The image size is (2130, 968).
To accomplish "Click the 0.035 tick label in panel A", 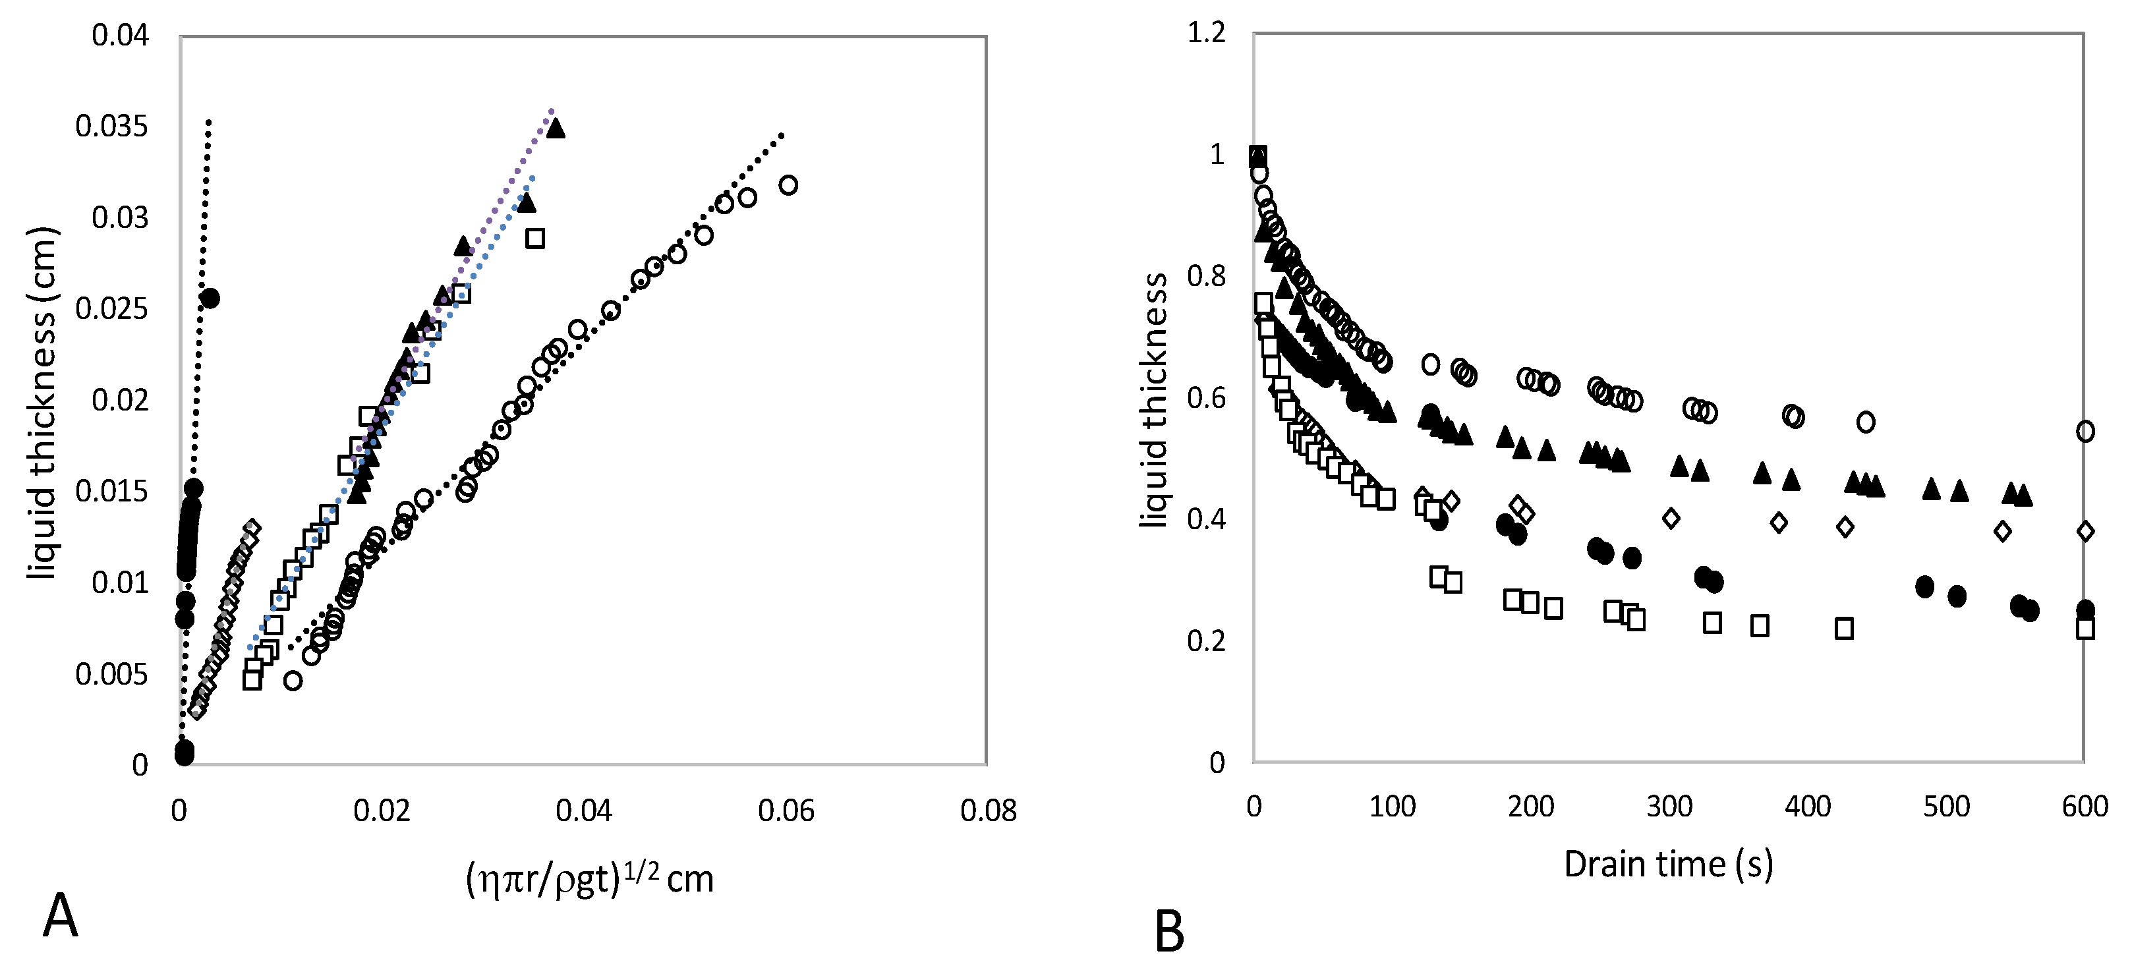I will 111,127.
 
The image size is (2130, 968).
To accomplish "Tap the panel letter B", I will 1168,932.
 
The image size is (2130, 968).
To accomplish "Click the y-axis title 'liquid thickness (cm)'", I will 42,403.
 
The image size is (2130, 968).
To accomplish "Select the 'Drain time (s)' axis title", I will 1669,865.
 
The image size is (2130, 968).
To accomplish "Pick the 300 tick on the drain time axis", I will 1669,806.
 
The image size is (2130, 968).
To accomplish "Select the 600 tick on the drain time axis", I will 2085,806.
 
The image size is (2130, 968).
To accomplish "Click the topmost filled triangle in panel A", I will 556,128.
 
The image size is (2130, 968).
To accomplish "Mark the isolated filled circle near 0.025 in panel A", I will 210,299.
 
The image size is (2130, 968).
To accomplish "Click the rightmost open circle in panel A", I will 788,185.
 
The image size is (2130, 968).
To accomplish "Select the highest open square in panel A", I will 535,238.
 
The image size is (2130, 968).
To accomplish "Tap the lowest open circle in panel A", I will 293,680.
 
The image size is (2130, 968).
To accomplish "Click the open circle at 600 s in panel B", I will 2085,431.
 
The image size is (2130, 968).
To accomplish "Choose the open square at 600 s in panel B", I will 2085,628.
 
